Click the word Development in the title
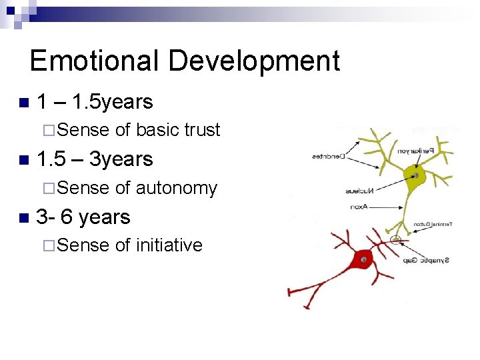tap(254, 61)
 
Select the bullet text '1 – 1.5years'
tap(95, 102)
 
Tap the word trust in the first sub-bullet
tap(203, 130)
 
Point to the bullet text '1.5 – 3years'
tap(95, 159)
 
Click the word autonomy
tap(176, 189)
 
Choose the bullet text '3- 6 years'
tap(83, 217)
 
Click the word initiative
tap(169, 245)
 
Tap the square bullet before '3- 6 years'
tap(25, 217)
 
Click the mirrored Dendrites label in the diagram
tap(329, 157)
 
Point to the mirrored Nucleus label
tap(361, 191)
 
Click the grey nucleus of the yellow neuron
tap(415, 176)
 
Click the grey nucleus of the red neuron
tap(363, 259)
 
